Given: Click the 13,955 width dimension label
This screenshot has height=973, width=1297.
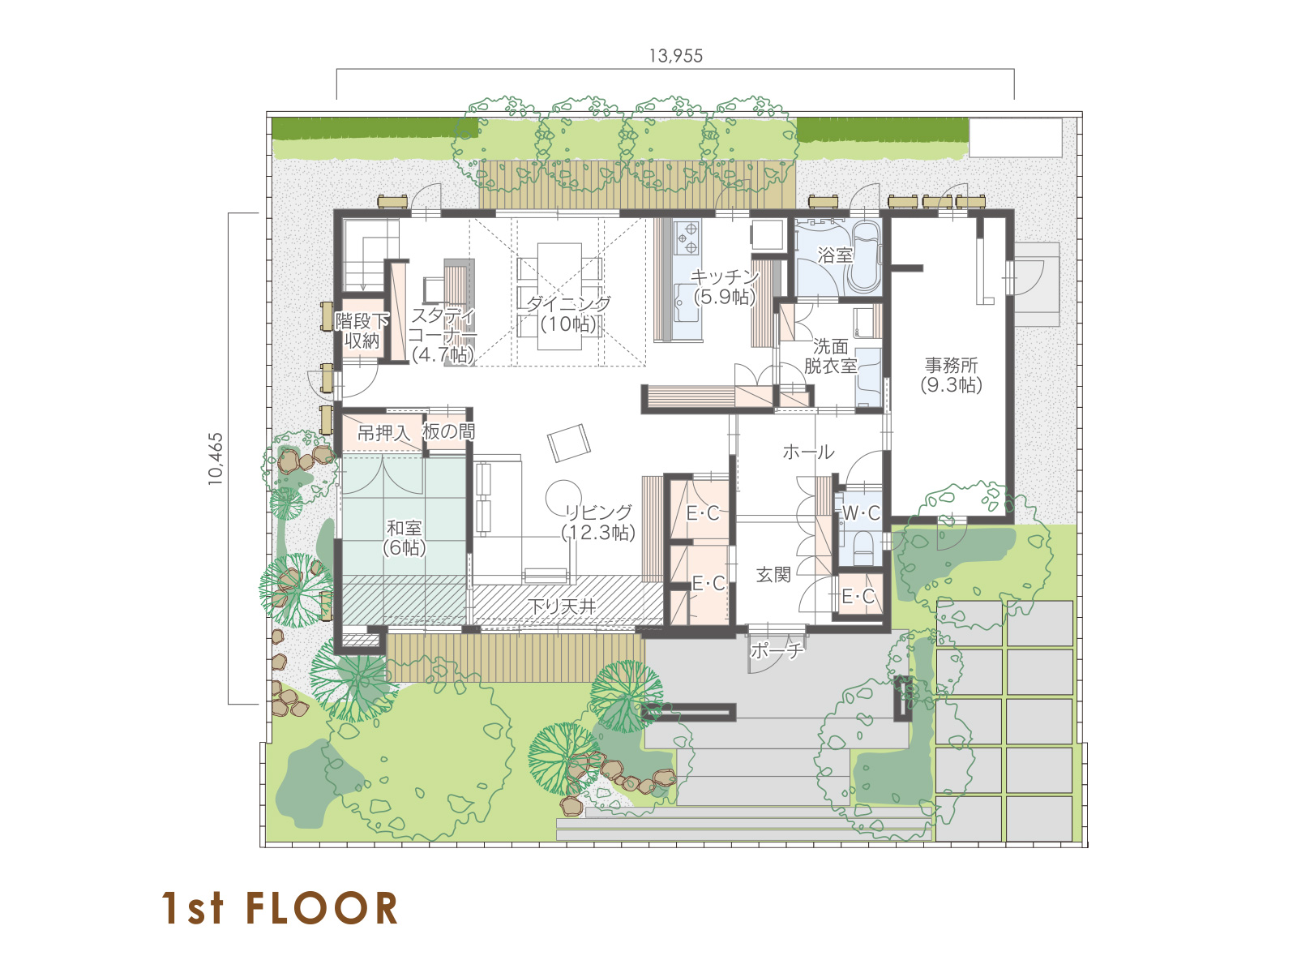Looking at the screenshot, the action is pyautogui.click(x=675, y=56).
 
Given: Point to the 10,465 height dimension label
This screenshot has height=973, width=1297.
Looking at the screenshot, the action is pyautogui.click(x=216, y=459).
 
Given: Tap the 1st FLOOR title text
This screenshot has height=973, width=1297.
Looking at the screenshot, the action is pyautogui.click(x=280, y=908).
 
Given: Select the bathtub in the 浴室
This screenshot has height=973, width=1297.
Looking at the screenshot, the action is pyautogui.click(x=865, y=258).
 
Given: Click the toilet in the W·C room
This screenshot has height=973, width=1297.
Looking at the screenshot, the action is pyautogui.click(x=863, y=547).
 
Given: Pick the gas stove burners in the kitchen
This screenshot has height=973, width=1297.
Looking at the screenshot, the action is pyautogui.click(x=687, y=237).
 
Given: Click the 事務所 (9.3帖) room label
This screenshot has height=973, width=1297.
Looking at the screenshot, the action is pyautogui.click(x=951, y=375).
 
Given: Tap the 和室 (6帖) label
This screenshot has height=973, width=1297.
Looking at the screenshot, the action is pyautogui.click(x=405, y=538).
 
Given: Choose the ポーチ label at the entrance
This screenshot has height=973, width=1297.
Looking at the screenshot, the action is pyautogui.click(x=777, y=650).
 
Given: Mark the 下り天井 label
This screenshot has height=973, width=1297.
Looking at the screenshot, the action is pyautogui.click(x=562, y=607).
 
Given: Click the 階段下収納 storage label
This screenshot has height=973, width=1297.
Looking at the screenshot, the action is pyautogui.click(x=362, y=331).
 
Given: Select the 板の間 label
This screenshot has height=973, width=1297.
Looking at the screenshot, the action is pyautogui.click(x=448, y=432).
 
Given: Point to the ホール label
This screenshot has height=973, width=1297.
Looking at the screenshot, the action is pyautogui.click(x=808, y=452).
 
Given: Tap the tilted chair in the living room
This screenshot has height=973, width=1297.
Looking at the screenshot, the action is pyautogui.click(x=568, y=443).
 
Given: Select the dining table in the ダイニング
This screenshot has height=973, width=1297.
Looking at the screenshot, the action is pyautogui.click(x=559, y=296).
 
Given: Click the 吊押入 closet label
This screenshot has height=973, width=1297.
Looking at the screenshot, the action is pyautogui.click(x=383, y=434).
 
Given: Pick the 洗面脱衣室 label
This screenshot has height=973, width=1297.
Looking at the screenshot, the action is pyautogui.click(x=830, y=356).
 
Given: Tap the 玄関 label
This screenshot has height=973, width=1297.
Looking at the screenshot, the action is pyautogui.click(x=773, y=575).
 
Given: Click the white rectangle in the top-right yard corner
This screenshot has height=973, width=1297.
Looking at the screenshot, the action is pyautogui.click(x=1015, y=138).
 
